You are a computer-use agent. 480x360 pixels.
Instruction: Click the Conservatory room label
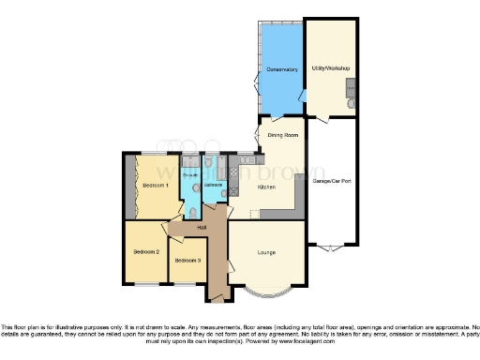(280, 69)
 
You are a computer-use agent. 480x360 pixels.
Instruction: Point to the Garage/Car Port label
(331, 179)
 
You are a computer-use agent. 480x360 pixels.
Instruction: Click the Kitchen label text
(266, 187)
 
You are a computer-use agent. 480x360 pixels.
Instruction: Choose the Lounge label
(266, 251)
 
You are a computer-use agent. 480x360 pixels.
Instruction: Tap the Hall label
(201, 228)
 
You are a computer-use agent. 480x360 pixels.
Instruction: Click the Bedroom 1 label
(154, 186)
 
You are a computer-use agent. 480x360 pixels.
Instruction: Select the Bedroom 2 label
(145, 251)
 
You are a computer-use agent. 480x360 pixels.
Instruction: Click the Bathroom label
(212, 185)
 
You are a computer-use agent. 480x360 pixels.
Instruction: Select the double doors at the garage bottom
(330, 249)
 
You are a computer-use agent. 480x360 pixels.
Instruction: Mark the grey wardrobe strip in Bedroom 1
(129, 186)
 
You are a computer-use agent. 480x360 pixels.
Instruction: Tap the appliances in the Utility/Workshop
(351, 90)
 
